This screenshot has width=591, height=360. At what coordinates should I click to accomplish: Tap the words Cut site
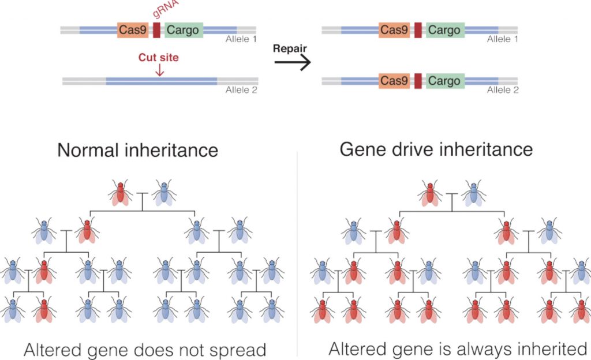[x=158, y=58]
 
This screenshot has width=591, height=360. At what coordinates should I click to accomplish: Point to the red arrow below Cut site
[x=160, y=70]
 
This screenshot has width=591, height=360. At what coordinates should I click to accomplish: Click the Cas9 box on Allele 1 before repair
[x=132, y=31]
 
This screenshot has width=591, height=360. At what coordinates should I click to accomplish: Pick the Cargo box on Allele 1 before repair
[x=184, y=31]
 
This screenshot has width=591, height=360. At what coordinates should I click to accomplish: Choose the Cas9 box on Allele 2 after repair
[x=395, y=81]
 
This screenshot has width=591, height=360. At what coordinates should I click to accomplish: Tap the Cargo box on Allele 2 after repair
[x=444, y=81]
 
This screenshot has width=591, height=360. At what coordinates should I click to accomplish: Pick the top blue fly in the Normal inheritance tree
[x=164, y=193]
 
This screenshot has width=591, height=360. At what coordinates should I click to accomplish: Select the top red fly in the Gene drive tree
[x=431, y=193]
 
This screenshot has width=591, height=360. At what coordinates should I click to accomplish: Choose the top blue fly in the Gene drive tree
[x=473, y=193]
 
